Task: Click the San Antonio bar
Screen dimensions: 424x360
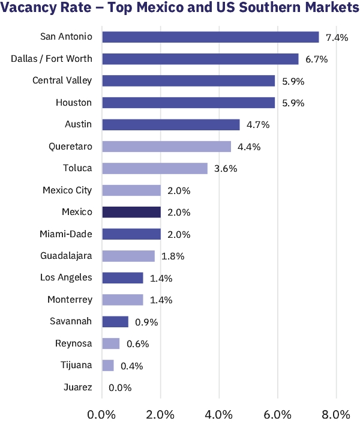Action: (210, 37)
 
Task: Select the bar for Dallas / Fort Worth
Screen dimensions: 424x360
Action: (200, 59)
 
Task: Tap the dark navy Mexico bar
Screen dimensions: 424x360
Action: (131, 213)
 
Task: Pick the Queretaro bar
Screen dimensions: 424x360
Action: (166, 147)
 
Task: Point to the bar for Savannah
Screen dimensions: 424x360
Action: (115, 322)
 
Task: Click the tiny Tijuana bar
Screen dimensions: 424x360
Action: (108, 366)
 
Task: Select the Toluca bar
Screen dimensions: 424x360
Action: (155, 168)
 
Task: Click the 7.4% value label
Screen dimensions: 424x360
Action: (337, 37)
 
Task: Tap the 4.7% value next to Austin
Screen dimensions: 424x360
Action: (257, 125)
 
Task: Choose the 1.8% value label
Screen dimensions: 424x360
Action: (172, 256)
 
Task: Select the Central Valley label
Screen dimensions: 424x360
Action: (62, 80)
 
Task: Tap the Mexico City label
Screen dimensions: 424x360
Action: (67, 190)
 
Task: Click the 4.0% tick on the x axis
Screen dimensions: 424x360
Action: (219, 414)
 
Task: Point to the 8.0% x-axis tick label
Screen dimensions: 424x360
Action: (336, 414)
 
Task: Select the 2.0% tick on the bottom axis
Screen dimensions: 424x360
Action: (160, 414)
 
